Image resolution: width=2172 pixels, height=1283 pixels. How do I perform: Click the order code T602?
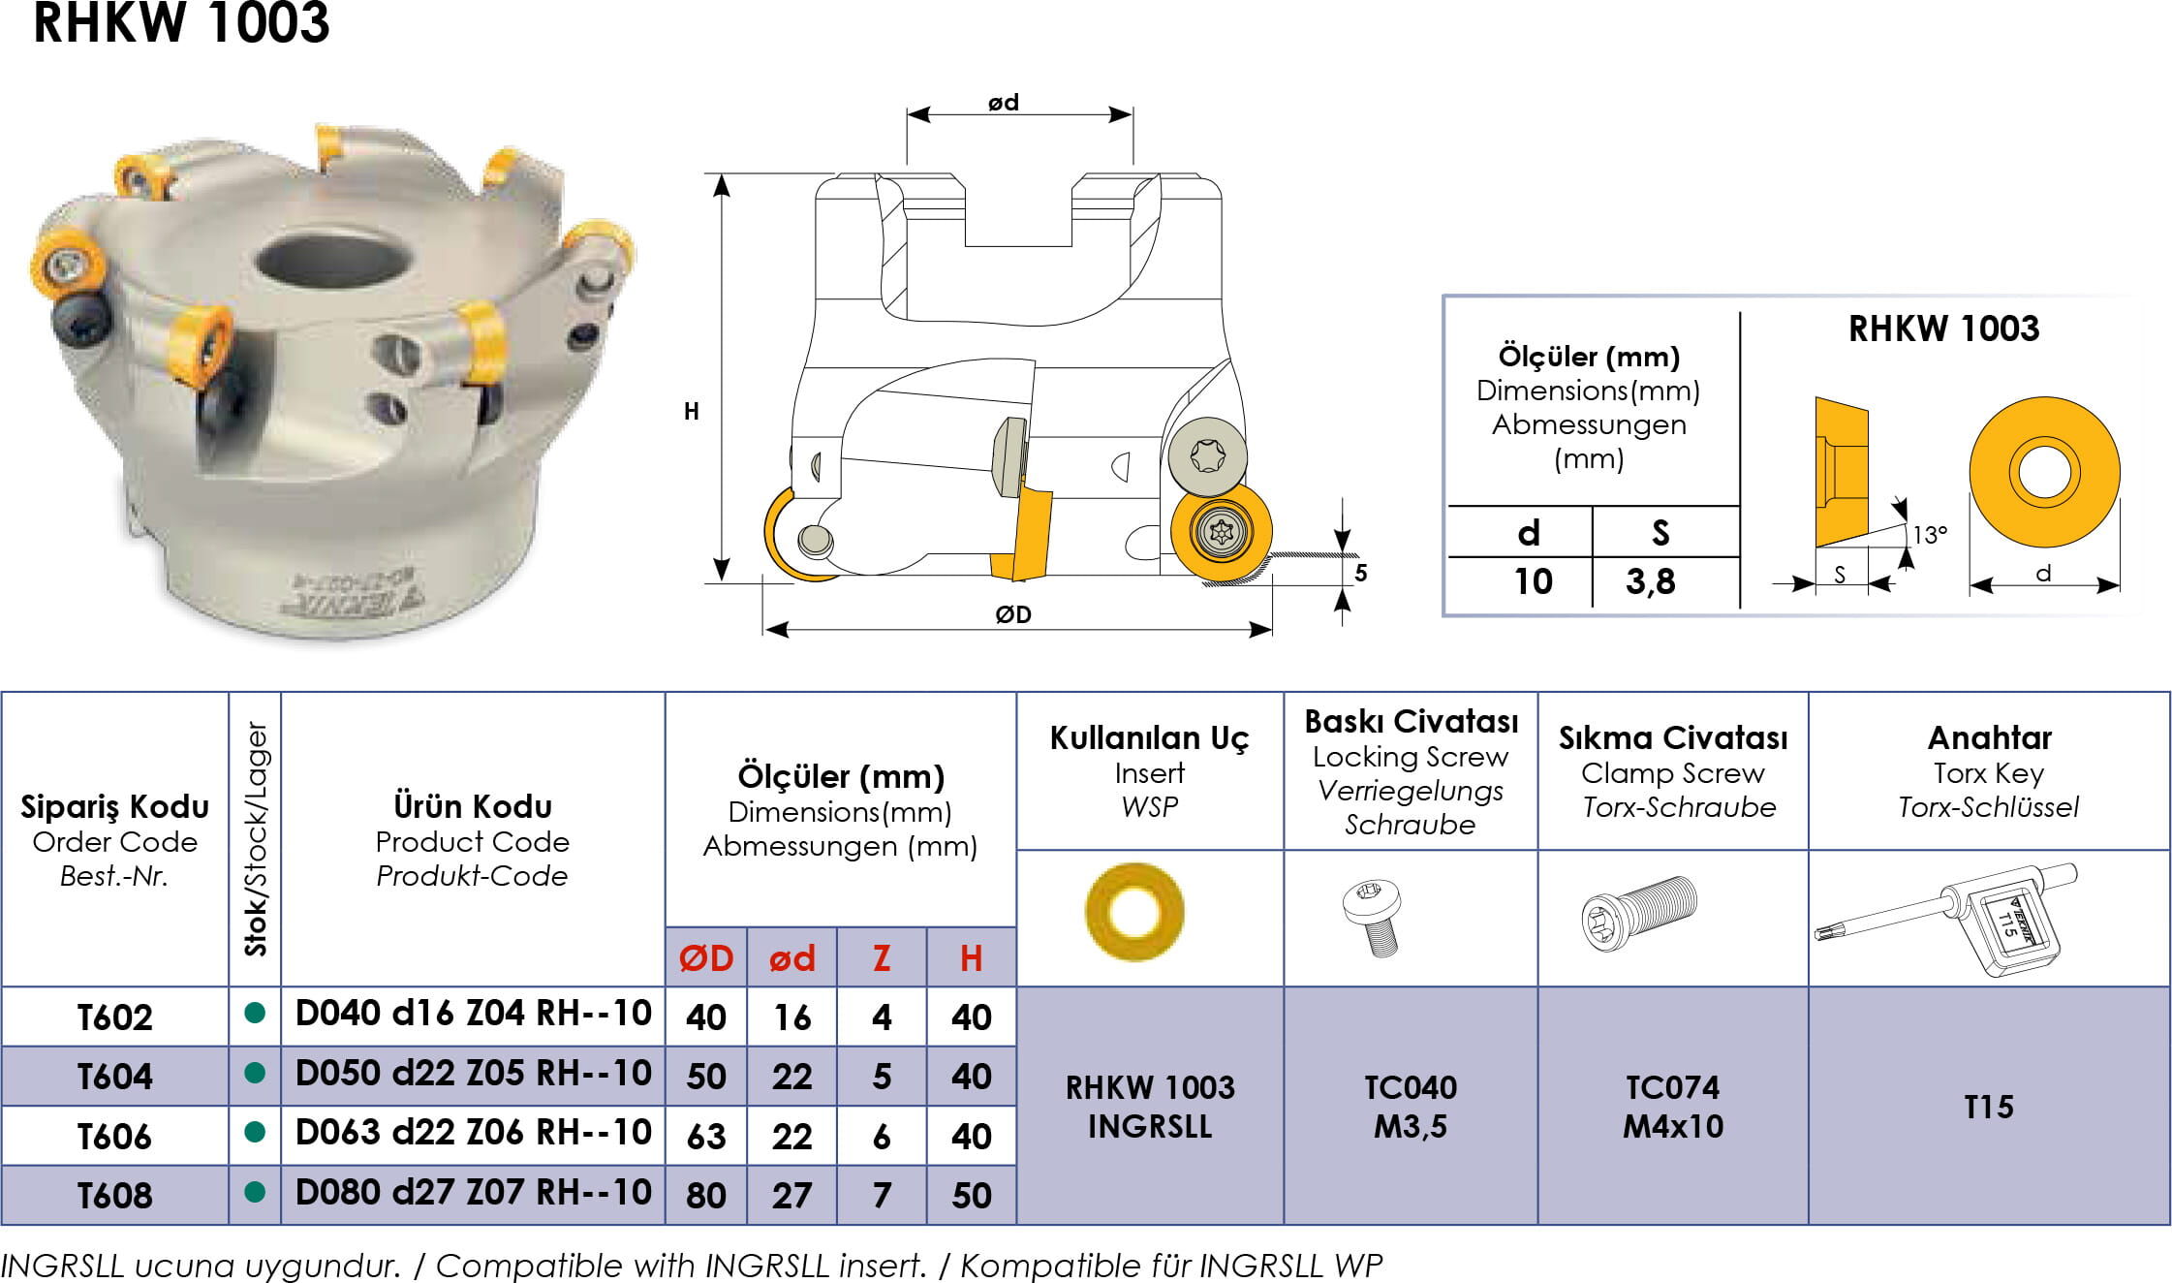(x=114, y=1017)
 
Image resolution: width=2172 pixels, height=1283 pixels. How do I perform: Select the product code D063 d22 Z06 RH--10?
(x=473, y=1132)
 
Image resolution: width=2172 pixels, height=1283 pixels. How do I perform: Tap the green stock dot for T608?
(x=255, y=1191)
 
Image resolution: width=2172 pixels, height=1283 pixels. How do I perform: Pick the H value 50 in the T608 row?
(x=971, y=1196)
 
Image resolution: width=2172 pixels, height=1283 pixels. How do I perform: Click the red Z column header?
(x=881, y=958)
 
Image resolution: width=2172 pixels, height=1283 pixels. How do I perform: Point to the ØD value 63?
(x=705, y=1136)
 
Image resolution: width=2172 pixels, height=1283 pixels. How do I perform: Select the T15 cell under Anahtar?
(x=1988, y=1107)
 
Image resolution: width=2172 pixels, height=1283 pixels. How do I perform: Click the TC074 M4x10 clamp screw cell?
(x=1673, y=1107)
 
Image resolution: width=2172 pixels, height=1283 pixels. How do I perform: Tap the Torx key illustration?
(x=1945, y=920)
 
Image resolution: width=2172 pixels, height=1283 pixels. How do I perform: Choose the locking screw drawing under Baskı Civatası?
(x=1373, y=918)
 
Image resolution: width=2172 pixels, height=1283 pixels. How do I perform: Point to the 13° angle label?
(x=1929, y=535)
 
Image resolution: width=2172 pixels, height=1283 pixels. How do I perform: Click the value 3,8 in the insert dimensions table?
(x=1650, y=581)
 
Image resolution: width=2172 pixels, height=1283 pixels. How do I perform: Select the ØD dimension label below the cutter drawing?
(x=1013, y=614)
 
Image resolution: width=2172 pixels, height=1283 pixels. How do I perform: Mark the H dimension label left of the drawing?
(x=691, y=411)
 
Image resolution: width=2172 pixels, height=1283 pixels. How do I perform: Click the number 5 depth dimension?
(x=1360, y=573)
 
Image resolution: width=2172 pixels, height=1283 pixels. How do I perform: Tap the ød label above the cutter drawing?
(x=1004, y=103)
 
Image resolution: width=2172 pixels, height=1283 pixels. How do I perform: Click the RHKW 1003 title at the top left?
(x=181, y=22)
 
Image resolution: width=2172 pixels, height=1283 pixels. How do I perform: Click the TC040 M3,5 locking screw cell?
(x=1411, y=1107)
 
